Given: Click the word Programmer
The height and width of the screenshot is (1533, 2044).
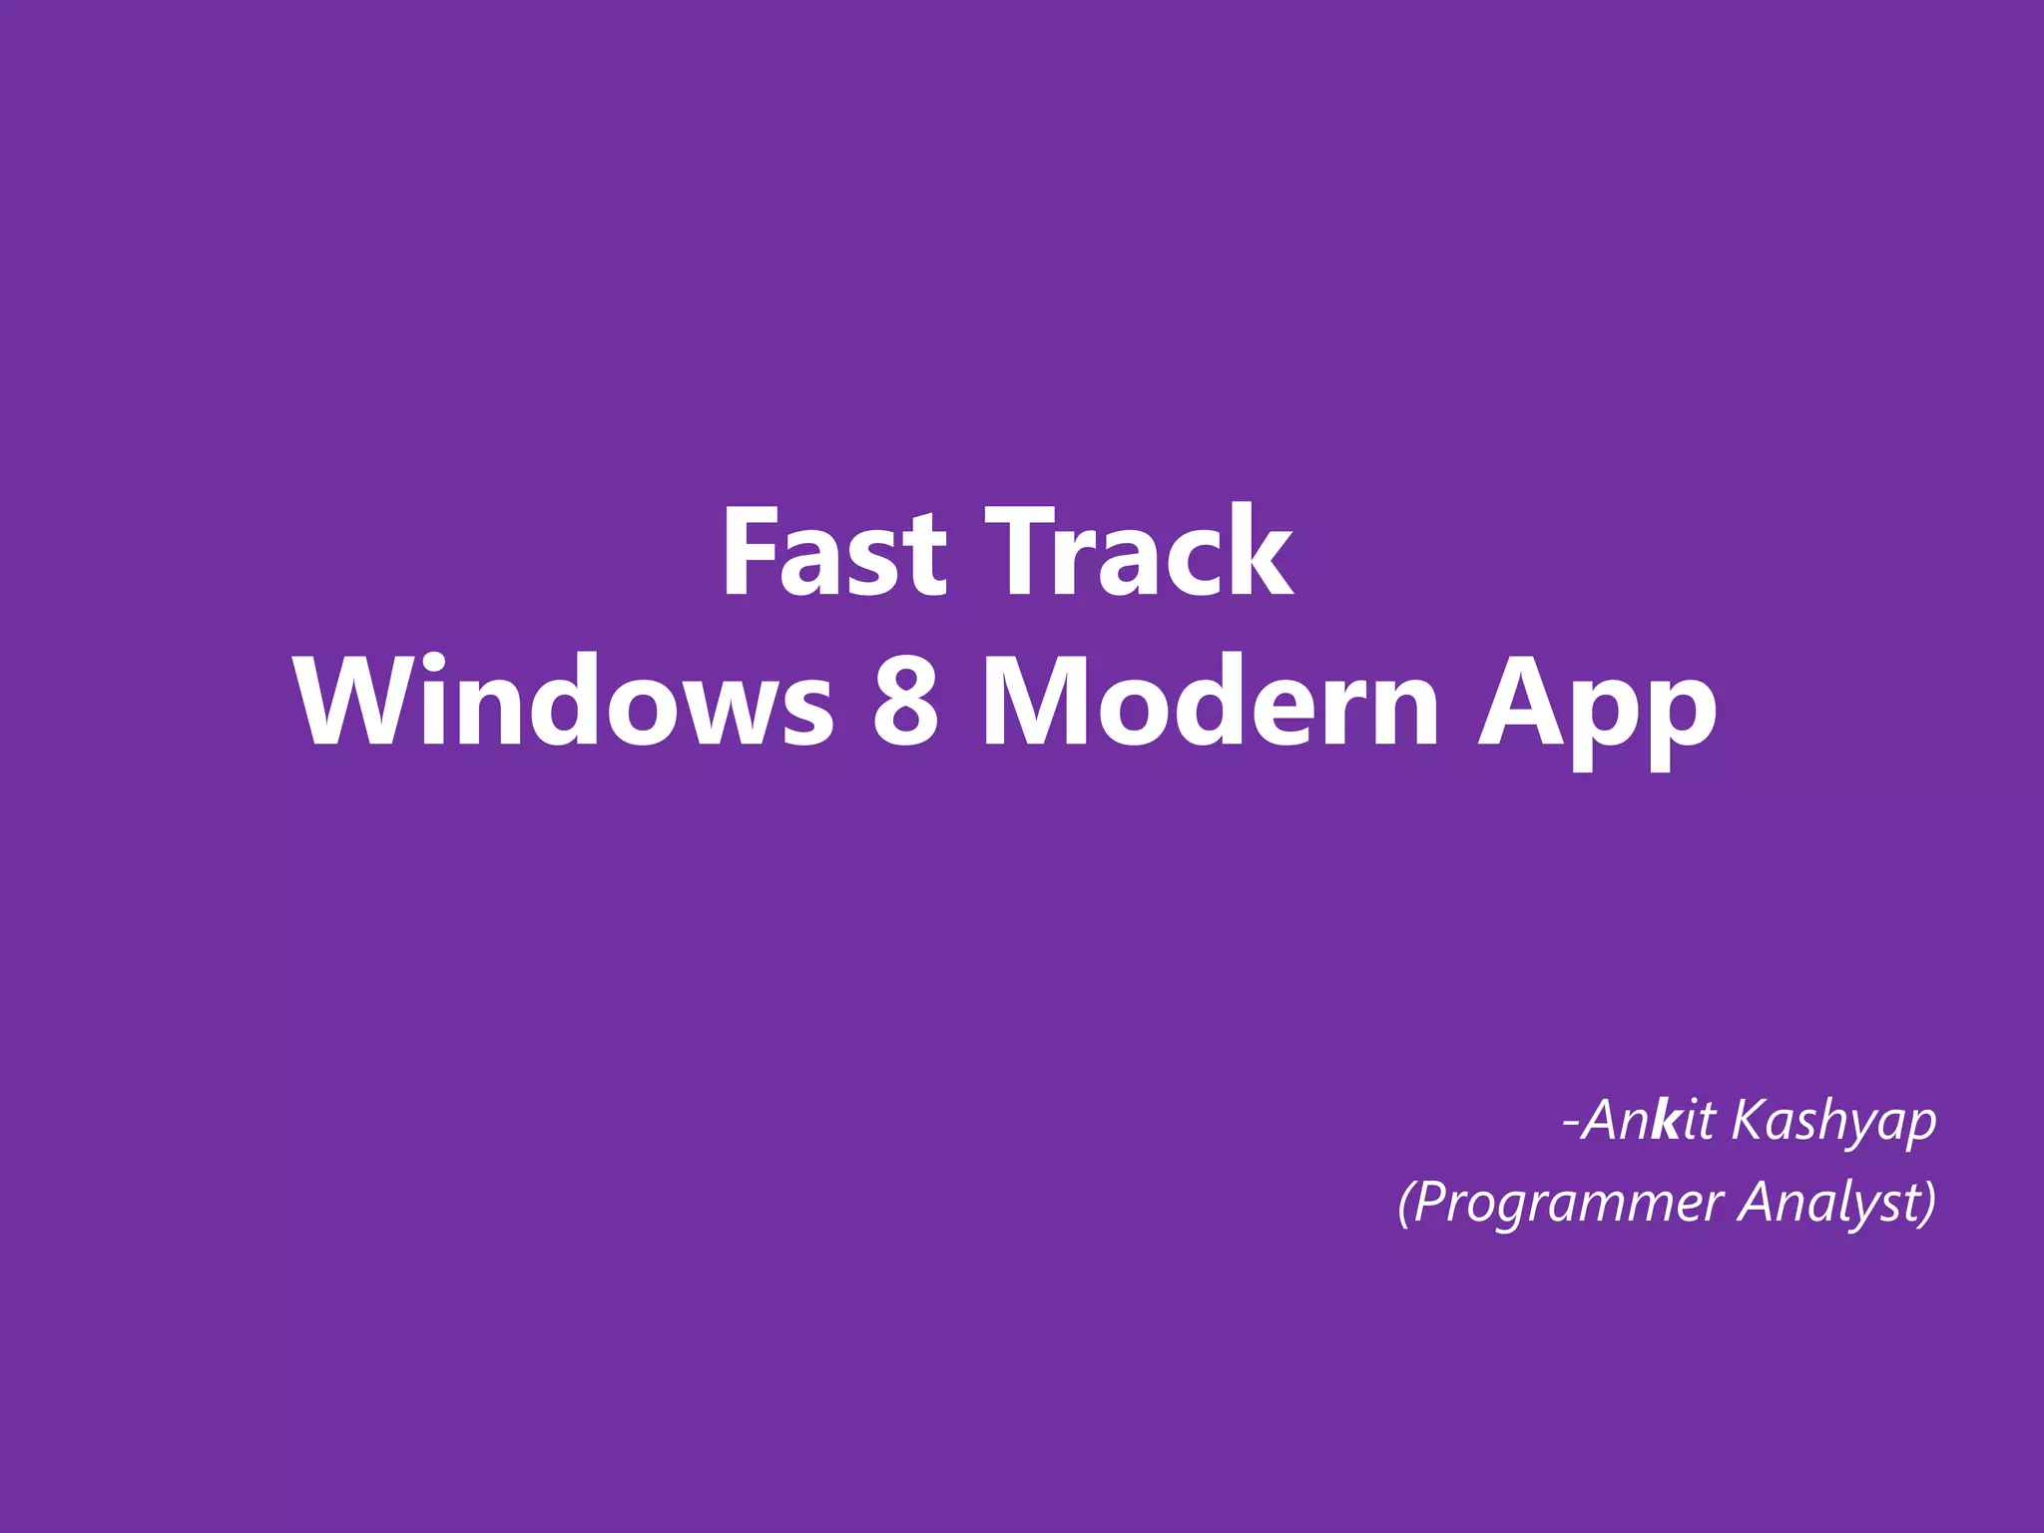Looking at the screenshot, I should pyautogui.click(x=1568, y=1203).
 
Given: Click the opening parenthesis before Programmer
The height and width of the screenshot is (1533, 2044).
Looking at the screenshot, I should pyautogui.click(x=1405, y=1203).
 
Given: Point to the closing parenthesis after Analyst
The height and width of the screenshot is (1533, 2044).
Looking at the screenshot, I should pyautogui.click(x=1928, y=1203).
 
